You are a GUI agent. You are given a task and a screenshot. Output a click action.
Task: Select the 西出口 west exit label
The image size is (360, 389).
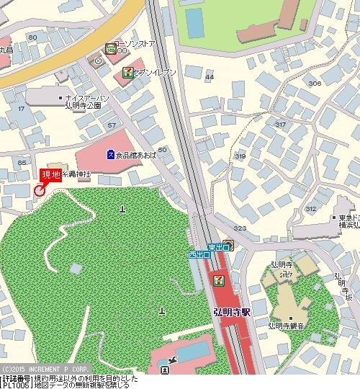[199, 255]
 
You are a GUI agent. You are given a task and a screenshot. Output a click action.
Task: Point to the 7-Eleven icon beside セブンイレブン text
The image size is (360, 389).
[127, 72]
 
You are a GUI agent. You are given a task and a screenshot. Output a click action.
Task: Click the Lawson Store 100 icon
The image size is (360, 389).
[111, 49]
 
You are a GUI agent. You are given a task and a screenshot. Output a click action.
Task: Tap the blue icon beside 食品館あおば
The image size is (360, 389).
[110, 153]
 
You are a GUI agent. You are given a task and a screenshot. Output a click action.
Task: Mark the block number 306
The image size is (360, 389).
[314, 84]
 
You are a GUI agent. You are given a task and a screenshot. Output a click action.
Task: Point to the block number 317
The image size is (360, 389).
[279, 125]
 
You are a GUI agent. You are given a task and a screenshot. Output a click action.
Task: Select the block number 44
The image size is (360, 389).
[210, 76]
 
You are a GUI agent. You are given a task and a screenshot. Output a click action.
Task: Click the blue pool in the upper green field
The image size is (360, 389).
[194, 22]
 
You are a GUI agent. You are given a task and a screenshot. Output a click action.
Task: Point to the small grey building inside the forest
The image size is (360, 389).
[76, 268]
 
